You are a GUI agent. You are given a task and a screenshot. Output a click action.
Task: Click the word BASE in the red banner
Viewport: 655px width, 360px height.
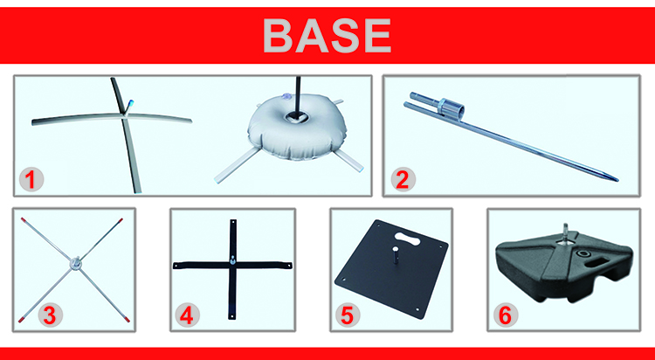[x=327, y=36]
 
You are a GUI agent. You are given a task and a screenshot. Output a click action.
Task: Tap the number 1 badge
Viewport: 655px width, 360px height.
[x=31, y=180]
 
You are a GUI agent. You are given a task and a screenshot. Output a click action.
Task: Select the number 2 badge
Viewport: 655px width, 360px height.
[x=403, y=180]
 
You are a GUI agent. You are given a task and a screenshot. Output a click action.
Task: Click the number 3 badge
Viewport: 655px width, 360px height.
[x=50, y=315]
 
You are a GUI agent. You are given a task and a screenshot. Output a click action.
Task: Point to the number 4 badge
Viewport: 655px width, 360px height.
[x=187, y=315]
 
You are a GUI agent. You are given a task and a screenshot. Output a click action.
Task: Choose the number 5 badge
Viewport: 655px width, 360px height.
[x=347, y=315]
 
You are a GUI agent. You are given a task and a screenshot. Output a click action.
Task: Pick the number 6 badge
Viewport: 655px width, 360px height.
[x=505, y=315]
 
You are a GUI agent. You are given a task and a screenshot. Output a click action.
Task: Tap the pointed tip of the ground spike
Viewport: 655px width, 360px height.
[x=617, y=180]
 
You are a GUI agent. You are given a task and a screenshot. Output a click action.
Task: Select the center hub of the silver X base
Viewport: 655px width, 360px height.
[x=76, y=264]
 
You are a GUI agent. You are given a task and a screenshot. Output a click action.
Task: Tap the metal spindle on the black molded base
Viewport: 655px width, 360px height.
[x=565, y=232]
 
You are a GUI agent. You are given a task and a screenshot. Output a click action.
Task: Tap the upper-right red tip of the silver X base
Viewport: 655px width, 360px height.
[x=121, y=219]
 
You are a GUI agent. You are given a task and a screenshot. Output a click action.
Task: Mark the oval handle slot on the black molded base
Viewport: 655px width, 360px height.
[x=594, y=264]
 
